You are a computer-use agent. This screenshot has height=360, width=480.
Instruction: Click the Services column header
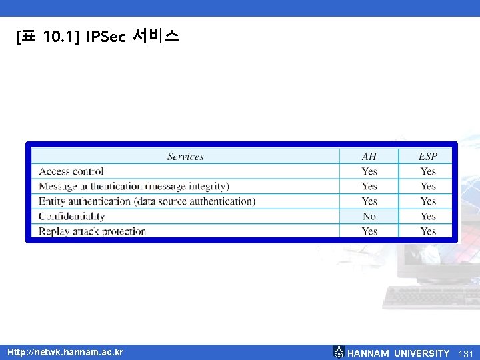point(185,157)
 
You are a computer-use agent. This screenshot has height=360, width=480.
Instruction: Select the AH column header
point(369,157)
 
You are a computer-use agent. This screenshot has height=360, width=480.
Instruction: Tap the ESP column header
point(428,157)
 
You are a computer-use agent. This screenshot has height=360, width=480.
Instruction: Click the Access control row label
point(71,171)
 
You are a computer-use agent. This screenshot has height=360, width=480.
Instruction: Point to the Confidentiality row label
point(72,216)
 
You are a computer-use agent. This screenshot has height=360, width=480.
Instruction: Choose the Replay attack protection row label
point(92,231)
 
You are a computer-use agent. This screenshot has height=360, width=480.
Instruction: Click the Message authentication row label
point(133,186)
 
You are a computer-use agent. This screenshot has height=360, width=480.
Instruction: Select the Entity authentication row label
point(147,201)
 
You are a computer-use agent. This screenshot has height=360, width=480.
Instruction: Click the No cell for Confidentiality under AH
point(369,216)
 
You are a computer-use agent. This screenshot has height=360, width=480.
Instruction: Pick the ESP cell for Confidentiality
point(428,216)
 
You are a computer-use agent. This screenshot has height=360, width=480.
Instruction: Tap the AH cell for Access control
point(369,171)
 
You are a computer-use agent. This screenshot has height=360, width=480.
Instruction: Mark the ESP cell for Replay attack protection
point(428,231)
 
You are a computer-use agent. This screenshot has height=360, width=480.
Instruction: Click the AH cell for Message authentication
point(369,186)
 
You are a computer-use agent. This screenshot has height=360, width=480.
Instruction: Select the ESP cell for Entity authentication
point(428,201)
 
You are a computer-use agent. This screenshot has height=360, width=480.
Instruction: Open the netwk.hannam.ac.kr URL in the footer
point(65,351)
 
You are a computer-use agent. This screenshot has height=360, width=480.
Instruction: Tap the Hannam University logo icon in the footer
point(339,352)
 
